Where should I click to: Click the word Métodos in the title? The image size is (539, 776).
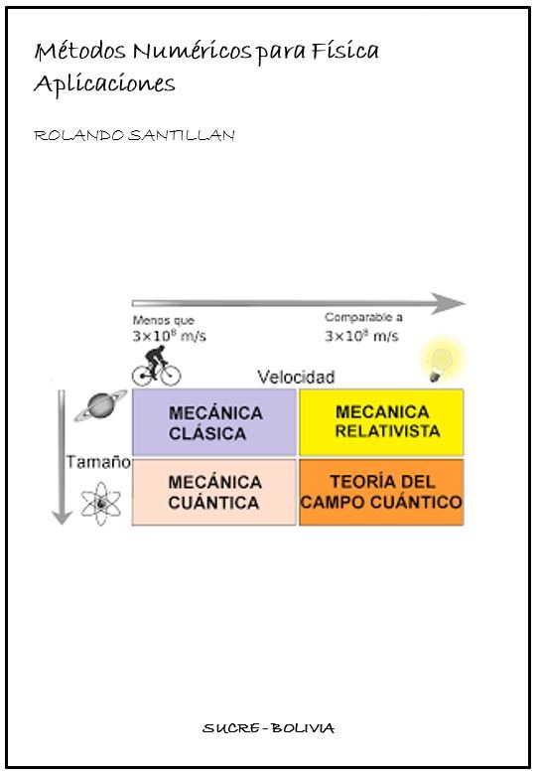coord(79,51)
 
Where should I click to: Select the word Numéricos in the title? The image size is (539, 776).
coord(192,51)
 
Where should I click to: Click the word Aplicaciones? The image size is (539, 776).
coord(104,83)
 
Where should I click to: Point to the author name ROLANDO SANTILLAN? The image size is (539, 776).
coord(134,135)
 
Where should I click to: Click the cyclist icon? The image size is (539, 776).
coord(156,366)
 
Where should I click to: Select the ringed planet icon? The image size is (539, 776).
coord(100,405)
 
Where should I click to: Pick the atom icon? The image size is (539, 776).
coord(101,504)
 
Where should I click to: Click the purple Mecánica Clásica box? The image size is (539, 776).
coord(214,422)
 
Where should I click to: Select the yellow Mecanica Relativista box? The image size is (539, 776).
coord(381,422)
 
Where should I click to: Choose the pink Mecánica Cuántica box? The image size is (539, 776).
coord(214,492)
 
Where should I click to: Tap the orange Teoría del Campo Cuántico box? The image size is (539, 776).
coord(381,492)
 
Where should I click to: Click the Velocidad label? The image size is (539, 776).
coord(296,378)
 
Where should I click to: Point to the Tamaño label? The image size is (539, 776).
coord(98,462)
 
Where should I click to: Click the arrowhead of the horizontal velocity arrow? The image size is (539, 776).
coord(449,303)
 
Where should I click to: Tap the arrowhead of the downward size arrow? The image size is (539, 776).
coord(62,517)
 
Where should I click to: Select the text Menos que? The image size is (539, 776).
coord(163,320)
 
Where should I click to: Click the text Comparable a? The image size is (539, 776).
coord(363,317)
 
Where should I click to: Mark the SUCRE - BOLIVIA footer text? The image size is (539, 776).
coord(269,728)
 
